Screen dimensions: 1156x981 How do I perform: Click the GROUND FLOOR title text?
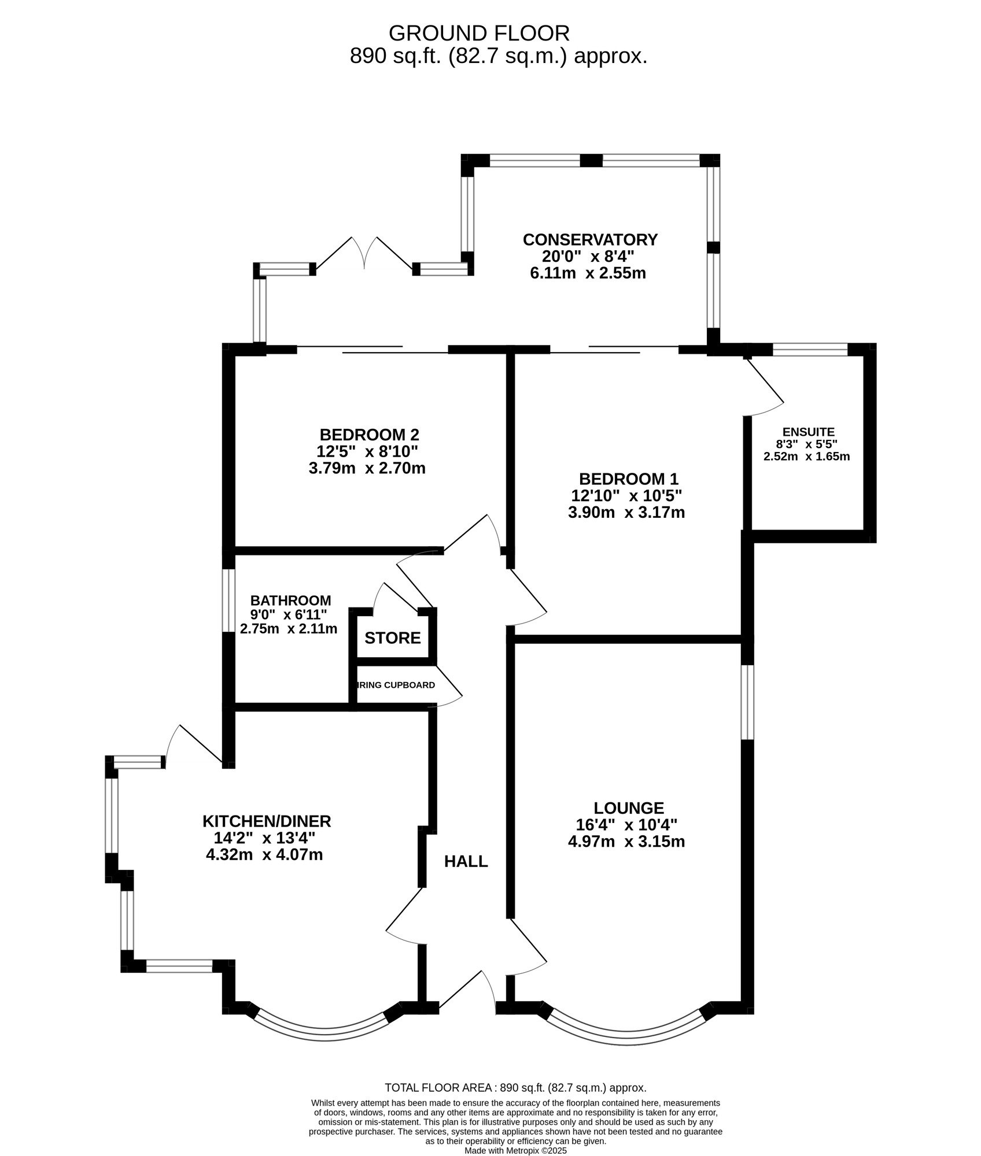(x=479, y=34)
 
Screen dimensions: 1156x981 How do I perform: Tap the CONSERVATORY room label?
(x=590, y=239)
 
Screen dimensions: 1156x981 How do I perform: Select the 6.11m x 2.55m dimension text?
(x=588, y=273)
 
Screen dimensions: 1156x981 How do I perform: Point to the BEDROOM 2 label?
(x=369, y=435)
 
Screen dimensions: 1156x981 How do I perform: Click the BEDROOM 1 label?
(x=628, y=479)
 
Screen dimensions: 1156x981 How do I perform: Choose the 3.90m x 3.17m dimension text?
(x=626, y=512)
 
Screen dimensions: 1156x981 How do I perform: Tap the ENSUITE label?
(x=808, y=432)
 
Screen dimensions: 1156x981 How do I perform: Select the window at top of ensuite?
(x=810, y=349)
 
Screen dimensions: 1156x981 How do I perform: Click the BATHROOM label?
(x=290, y=601)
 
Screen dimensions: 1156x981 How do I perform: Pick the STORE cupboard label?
(x=393, y=638)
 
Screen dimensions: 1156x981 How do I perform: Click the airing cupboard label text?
(x=396, y=686)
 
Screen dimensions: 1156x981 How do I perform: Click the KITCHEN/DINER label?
(x=267, y=821)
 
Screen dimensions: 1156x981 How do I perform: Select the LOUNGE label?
(x=629, y=808)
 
